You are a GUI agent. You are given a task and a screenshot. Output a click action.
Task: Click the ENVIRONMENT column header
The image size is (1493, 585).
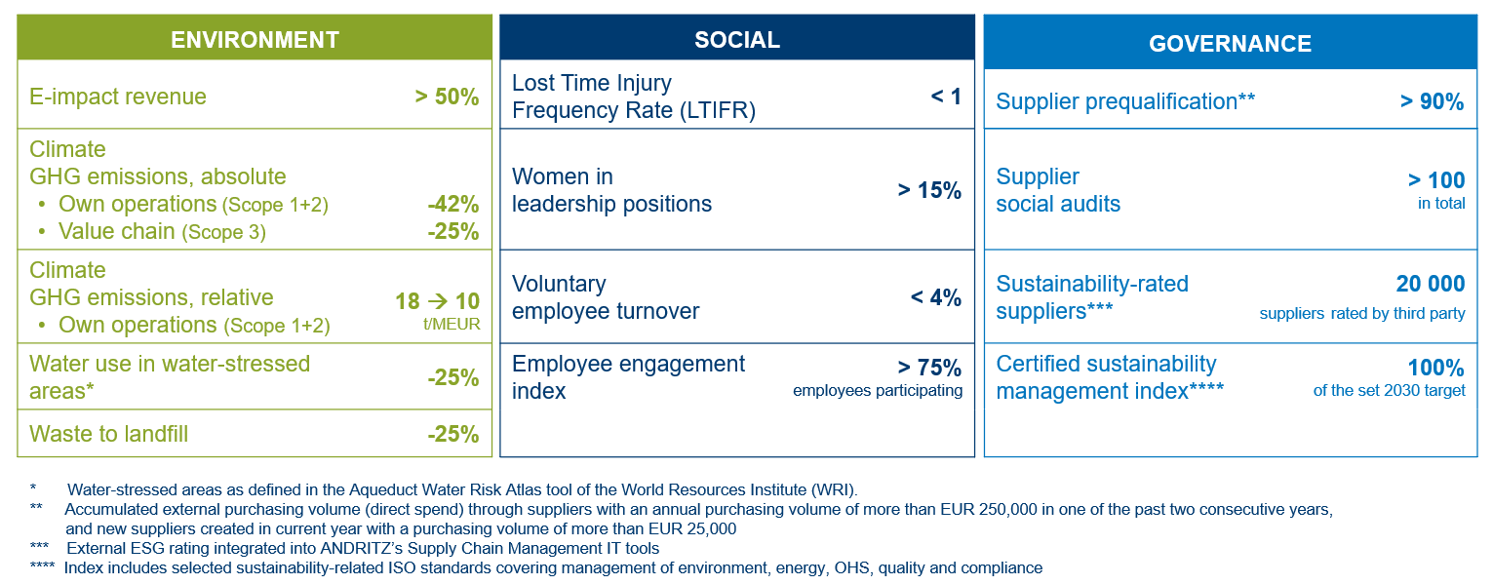(x=255, y=40)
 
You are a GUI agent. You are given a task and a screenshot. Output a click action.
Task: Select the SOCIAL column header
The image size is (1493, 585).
(x=736, y=40)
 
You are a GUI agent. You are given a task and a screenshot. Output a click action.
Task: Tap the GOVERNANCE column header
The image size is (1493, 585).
(x=1230, y=44)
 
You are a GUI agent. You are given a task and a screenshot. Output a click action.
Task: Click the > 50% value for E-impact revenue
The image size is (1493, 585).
(x=447, y=97)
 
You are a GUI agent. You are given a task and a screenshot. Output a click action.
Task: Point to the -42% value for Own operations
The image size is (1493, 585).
(x=452, y=205)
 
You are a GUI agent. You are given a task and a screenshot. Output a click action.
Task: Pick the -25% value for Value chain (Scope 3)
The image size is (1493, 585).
(x=452, y=232)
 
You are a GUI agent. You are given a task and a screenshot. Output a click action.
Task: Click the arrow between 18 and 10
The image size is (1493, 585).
(x=438, y=302)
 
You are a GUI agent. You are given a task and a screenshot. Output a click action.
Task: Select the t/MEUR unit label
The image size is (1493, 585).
(x=452, y=325)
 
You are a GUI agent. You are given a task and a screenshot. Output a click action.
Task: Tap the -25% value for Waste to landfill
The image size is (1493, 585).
(x=452, y=434)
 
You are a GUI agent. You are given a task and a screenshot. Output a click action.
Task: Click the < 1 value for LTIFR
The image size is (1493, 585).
(x=946, y=97)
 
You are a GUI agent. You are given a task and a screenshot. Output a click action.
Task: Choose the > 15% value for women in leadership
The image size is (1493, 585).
(x=929, y=190)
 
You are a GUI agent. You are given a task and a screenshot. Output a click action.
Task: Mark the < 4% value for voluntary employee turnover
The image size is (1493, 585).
(x=935, y=297)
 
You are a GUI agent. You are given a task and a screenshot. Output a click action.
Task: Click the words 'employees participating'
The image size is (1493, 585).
(x=878, y=391)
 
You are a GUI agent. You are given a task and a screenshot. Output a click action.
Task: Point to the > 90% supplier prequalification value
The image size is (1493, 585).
(x=1432, y=101)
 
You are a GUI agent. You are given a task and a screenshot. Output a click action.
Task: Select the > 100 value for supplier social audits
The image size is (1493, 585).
(x=1435, y=180)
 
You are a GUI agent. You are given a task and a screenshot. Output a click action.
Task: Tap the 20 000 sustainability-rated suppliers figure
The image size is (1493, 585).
(x=1430, y=284)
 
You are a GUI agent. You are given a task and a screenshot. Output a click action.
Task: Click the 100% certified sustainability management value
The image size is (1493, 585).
(x=1435, y=368)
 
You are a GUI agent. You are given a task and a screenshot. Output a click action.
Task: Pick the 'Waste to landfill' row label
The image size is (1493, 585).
(x=109, y=434)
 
